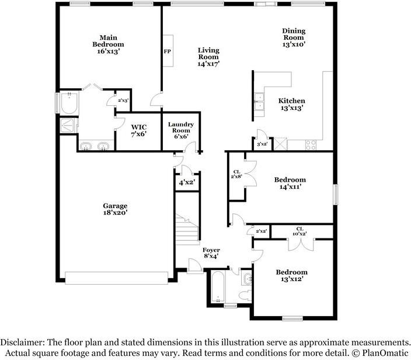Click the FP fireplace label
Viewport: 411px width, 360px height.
pos(167,51)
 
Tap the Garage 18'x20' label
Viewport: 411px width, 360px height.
pos(115,209)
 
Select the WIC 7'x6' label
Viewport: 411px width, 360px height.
pos(139,131)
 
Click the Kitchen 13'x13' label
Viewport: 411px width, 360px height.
pos(292,104)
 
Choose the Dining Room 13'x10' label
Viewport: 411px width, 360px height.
pos(294,37)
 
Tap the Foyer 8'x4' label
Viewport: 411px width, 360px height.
pos(211,252)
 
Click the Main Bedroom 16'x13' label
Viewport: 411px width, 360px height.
pos(108,44)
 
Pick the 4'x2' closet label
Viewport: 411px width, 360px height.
pos(187,182)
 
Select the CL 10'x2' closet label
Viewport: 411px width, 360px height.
pos(299,231)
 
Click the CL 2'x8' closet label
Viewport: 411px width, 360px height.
pos(236,174)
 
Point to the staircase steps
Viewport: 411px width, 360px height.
pos(187,230)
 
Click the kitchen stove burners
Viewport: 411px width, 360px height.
pos(311,145)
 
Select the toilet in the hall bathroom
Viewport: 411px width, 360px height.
pos(246,295)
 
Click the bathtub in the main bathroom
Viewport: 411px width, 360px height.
pos(69,103)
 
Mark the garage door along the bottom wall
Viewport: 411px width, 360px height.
pos(116,278)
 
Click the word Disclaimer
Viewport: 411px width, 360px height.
pos(22,342)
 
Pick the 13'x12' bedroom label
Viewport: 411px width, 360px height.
pos(292,275)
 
